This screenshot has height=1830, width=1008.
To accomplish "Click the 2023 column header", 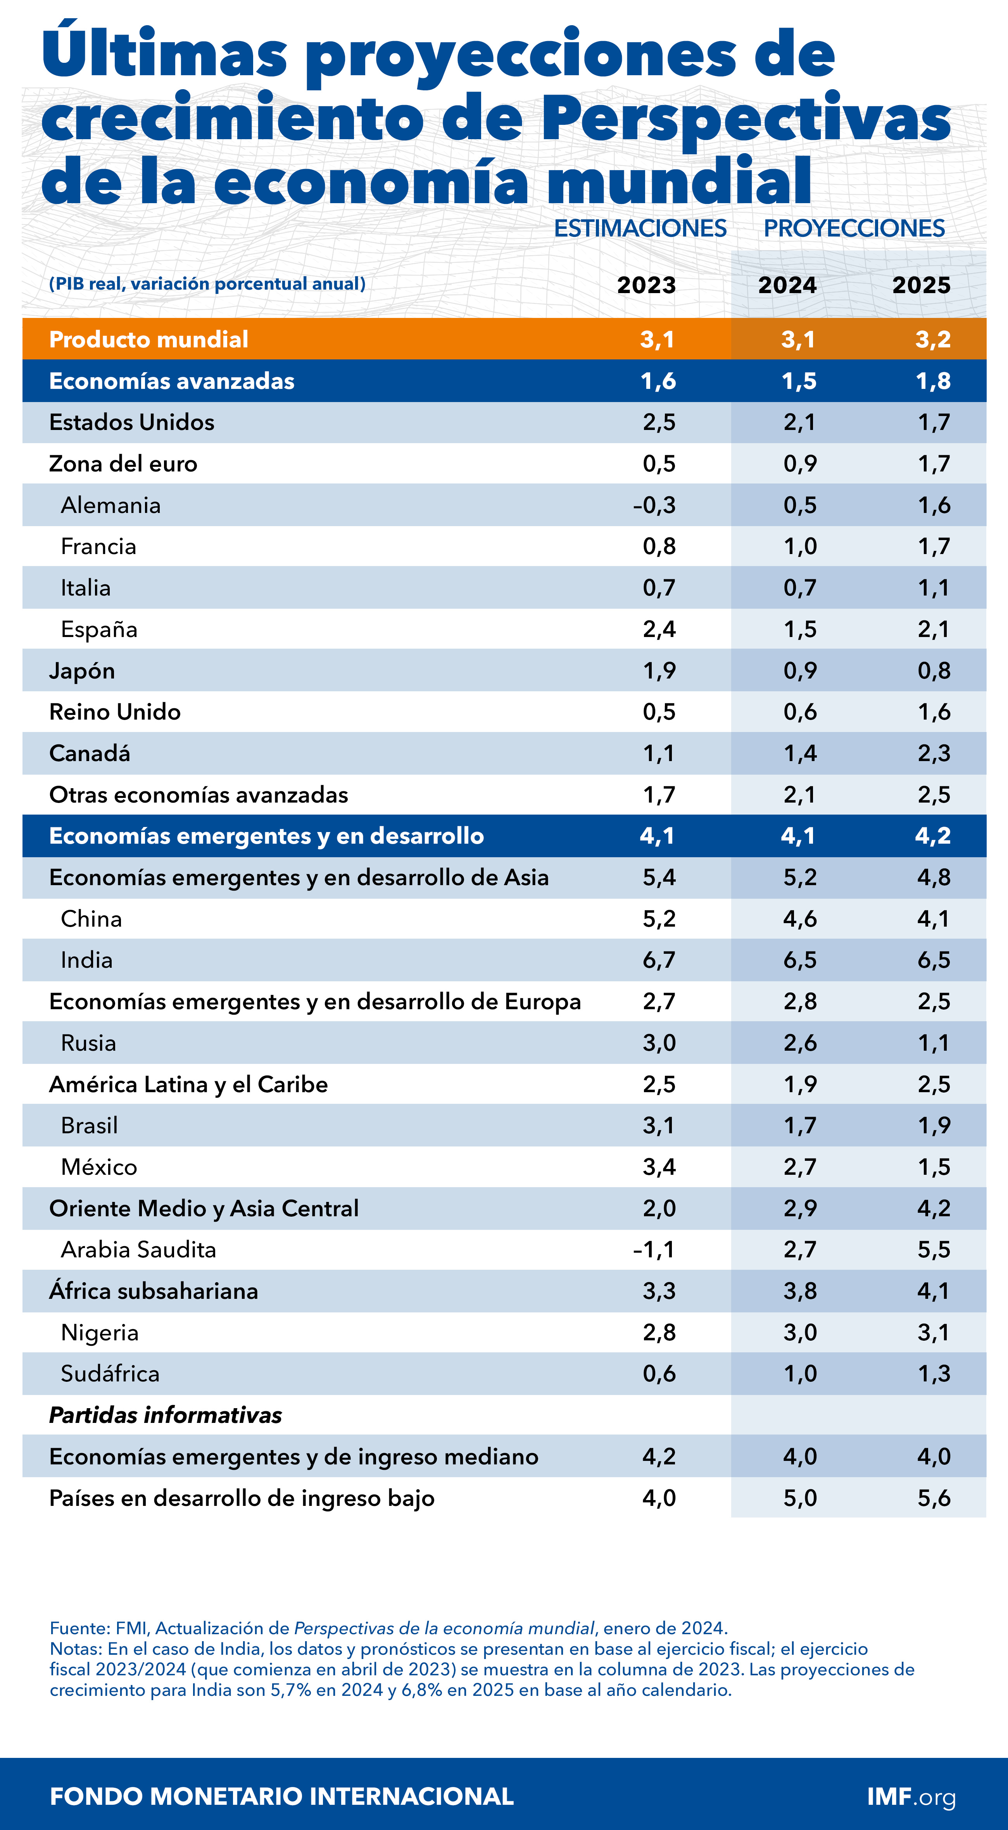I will (646, 285).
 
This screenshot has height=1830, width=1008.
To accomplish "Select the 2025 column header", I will (921, 285).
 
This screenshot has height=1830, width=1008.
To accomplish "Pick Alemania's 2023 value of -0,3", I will (654, 505).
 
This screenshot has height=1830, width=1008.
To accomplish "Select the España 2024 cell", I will (800, 629).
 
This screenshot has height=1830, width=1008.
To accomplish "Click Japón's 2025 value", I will (934, 671).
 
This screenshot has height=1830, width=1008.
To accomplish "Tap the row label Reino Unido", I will (115, 712).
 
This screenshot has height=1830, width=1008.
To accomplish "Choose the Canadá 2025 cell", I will (934, 753).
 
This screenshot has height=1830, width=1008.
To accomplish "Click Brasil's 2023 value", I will (659, 1125).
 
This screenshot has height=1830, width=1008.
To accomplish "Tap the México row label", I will (99, 1167).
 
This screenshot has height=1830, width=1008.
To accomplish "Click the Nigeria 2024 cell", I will (800, 1332).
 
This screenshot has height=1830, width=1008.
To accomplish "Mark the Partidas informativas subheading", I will (166, 1415).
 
